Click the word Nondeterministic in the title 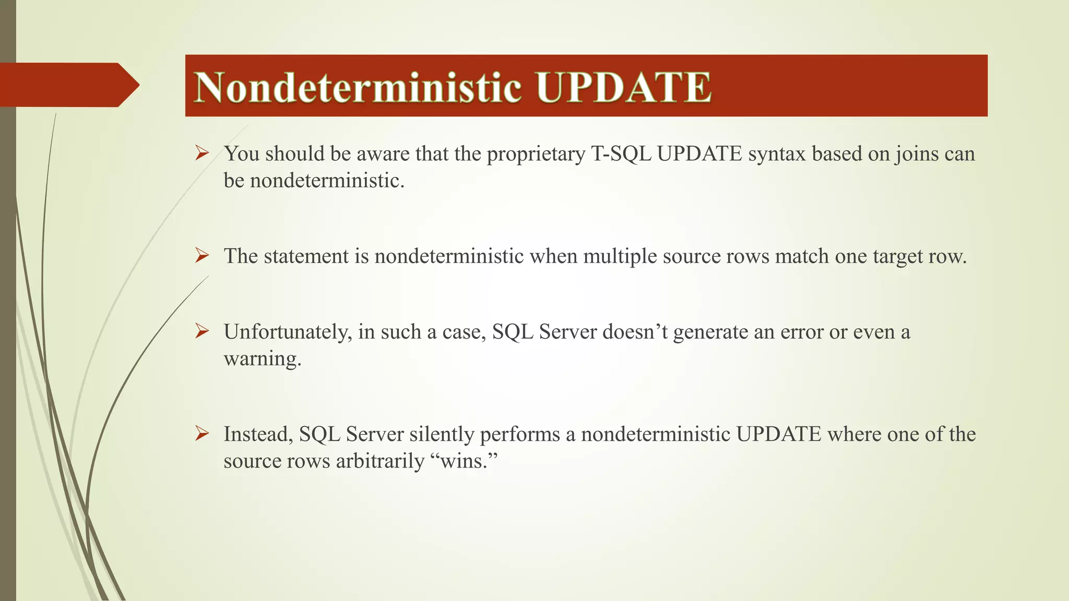tap(358, 87)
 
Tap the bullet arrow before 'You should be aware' tap(202, 153)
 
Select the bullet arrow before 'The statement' tap(202, 256)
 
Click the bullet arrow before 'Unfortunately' tap(202, 331)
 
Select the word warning tap(263, 359)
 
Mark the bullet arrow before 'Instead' tap(202, 433)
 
